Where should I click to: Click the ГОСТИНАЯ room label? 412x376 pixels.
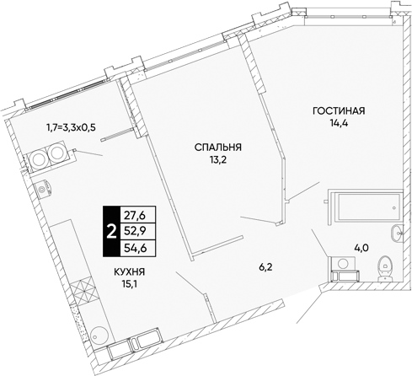(x=339, y=111)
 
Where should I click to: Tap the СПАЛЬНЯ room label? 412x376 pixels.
(x=218, y=148)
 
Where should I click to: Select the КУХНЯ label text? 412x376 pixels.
(x=129, y=272)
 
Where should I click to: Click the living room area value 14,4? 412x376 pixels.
(x=339, y=123)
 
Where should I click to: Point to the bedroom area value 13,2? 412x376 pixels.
(x=217, y=159)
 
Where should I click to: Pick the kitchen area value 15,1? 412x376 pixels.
(x=129, y=284)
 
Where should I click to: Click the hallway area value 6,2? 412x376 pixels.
(x=265, y=267)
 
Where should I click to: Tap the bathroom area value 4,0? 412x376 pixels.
(x=362, y=248)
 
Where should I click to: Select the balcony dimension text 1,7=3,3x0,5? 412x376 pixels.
(x=72, y=128)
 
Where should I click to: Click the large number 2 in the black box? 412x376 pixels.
(x=112, y=232)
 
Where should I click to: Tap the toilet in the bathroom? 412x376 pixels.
(x=384, y=269)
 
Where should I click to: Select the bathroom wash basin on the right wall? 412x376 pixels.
(x=397, y=233)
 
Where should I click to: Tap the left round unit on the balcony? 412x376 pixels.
(x=39, y=159)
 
